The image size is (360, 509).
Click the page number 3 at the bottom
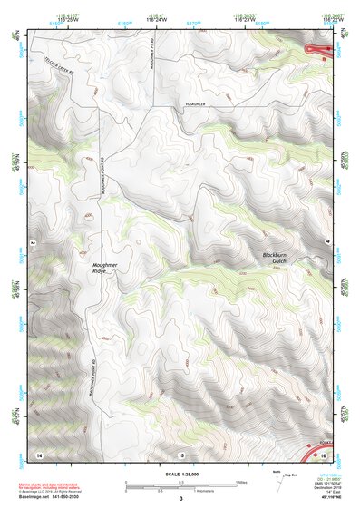click(181, 499)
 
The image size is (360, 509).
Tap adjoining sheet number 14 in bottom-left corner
click(39, 454)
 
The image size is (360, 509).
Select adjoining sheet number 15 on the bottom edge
click(181, 454)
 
